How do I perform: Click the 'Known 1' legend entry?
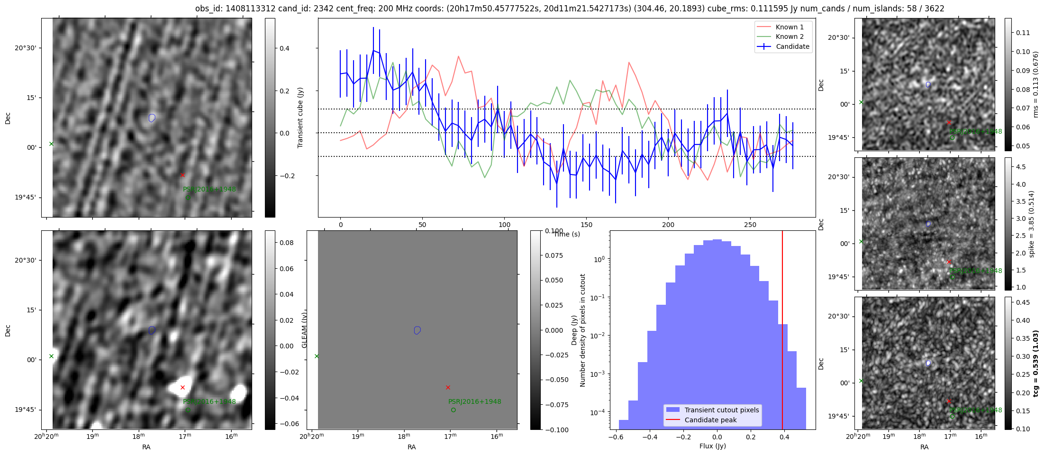pyautogui.click(x=789, y=27)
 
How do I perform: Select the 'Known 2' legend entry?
pyautogui.click(x=789, y=36)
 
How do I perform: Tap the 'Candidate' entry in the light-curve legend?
pyautogui.click(x=792, y=46)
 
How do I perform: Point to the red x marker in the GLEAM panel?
pyautogui.click(x=448, y=387)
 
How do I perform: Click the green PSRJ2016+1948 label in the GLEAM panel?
pyautogui.click(x=474, y=401)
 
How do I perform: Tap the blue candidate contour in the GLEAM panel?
pyautogui.click(x=417, y=330)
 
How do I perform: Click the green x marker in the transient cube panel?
pyautogui.click(x=51, y=144)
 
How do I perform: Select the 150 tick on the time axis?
pyautogui.click(x=586, y=225)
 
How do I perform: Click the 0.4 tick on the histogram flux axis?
pyautogui.click(x=784, y=437)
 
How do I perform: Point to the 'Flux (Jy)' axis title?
pyautogui.click(x=712, y=446)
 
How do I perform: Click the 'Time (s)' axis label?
pyautogui.click(x=567, y=234)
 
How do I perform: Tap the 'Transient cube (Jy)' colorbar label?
pyautogui.click(x=300, y=118)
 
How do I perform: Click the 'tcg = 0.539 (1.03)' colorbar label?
pyautogui.click(x=1036, y=363)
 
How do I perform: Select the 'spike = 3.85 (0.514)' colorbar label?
pyautogui.click(x=1032, y=224)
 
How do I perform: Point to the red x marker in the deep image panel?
pyautogui.click(x=182, y=387)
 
